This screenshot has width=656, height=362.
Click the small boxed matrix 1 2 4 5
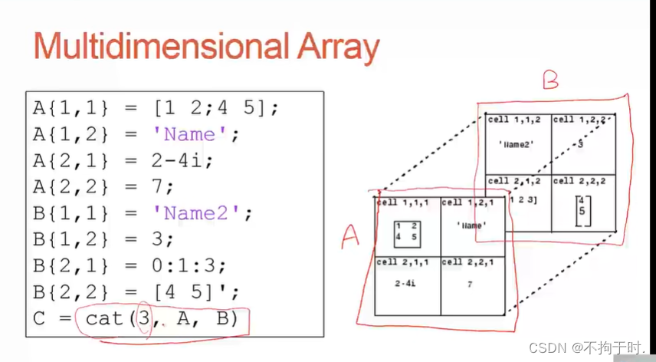click(x=407, y=232)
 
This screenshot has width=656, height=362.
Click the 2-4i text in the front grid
click(x=404, y=284)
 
